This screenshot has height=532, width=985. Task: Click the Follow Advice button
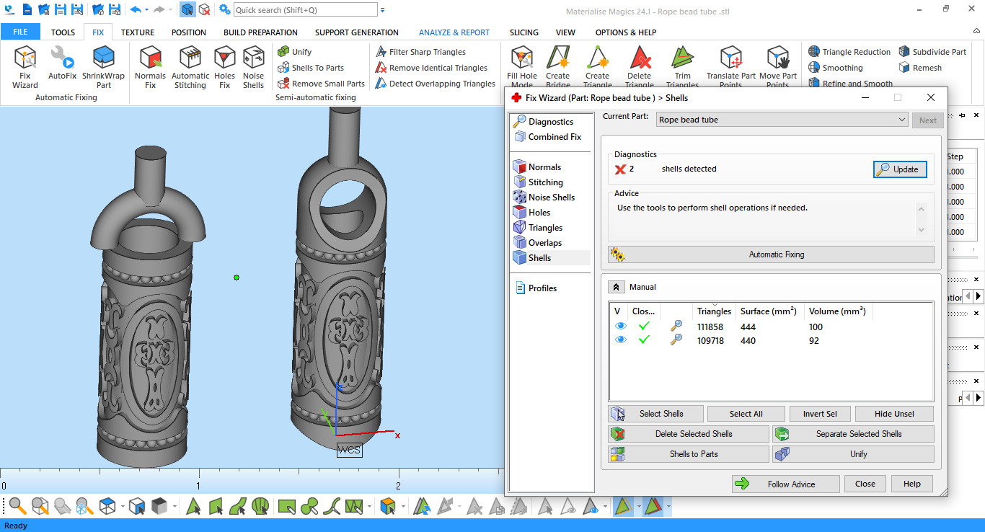(x=785, y=484)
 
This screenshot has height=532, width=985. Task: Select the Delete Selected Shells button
(x=689, y=434)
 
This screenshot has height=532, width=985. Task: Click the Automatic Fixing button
(x=771, y=254)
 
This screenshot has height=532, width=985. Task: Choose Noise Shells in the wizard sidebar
(x=551, y=198)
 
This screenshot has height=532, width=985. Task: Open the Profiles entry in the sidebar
(x=542, y=288)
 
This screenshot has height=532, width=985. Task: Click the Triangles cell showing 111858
(x=710, y=327)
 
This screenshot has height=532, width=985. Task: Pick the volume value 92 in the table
(x=814, y=340)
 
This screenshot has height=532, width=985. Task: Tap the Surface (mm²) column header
(x=768, y=311)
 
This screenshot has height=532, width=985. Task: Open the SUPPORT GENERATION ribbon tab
(x=356, y=32)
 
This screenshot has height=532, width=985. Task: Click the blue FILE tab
(x=20, y=32)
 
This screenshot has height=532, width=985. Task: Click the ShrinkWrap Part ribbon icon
(x=103, y=66)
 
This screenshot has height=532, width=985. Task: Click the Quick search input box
(x=305, y=10)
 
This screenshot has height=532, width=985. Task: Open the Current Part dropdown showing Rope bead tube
(x=782, y=120)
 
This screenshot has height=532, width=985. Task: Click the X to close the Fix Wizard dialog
(x=930, y=97)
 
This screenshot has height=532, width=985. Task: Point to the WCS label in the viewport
(x=349, y=450)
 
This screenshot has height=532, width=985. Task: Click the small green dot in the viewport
(x=237, y=278)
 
